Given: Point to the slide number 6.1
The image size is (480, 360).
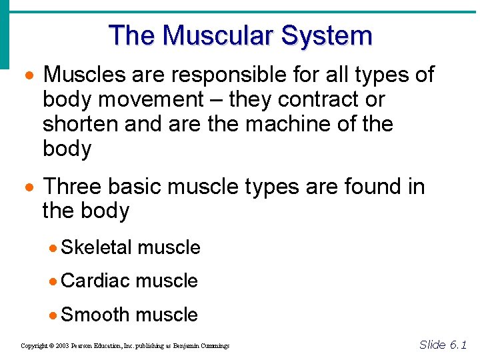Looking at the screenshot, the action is tap(459, 344).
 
